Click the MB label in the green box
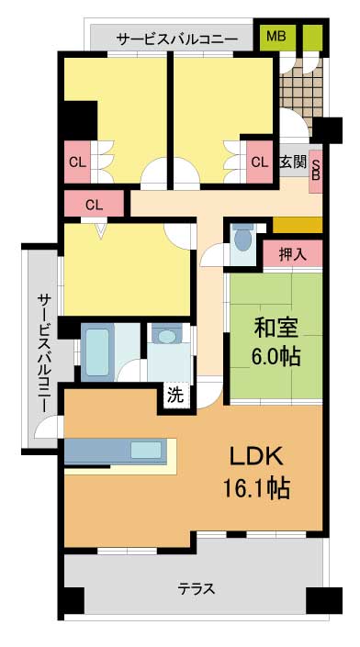tap(276, 37)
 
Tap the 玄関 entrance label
tap(294, 162)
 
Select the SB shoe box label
tap(315, 170)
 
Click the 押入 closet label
tap(293, 254)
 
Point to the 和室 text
tap(276, 330)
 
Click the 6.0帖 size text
tap(276, 357)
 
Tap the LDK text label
tap(256, 458)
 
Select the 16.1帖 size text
tap(256, 488)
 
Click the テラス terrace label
tap(197, 588)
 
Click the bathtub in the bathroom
tap(97, 352)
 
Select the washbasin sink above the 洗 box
tap(167, 335)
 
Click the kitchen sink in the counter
tap(146, 450)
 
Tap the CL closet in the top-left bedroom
tap(77, 162)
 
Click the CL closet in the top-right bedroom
tap(260, 162)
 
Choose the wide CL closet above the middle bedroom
tap(95, 204)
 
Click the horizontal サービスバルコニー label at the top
tap(177, 39)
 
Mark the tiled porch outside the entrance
tap(300, 95)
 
